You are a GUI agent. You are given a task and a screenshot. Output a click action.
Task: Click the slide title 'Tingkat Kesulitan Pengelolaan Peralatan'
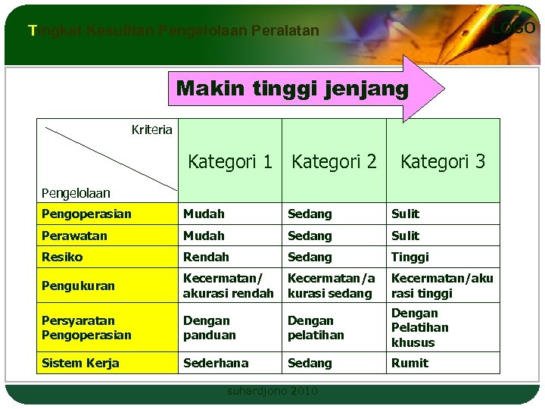[x=173, y=31]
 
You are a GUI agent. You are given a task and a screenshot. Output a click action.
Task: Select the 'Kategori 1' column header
[x=230, y=161]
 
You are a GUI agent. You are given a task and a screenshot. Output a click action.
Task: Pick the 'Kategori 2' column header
[x=334, y=161]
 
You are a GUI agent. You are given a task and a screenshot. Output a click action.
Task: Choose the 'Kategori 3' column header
[x=443, y=161]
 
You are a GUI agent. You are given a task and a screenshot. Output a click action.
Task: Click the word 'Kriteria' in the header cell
[x=151, y=130]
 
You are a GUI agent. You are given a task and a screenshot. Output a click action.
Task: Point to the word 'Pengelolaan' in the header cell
[x=76, y=193]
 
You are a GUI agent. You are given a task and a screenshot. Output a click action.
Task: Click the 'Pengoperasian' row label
[x=86, y=214]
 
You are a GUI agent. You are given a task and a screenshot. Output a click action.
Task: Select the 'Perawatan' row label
[x=74, y=236]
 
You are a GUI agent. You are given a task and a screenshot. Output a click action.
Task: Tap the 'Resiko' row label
[x=62, y=257]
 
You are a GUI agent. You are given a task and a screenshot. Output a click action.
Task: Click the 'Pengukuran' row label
[x=78, y=286]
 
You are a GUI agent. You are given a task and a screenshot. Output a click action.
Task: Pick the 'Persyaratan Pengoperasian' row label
[x=86, y=327]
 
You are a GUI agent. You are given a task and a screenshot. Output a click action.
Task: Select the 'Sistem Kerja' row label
[x=80, y=363]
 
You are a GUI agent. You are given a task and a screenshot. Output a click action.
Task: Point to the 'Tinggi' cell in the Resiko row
[x=410, y=257]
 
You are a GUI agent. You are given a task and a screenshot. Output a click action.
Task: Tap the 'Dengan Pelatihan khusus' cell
[x=420, y=327]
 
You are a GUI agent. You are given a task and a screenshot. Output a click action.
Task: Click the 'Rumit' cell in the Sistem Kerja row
[x=410, y=363]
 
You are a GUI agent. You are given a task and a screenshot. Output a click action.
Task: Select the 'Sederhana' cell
[x=216, y=363]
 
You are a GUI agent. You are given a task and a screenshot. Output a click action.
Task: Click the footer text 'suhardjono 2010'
[x=272, y=391]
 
